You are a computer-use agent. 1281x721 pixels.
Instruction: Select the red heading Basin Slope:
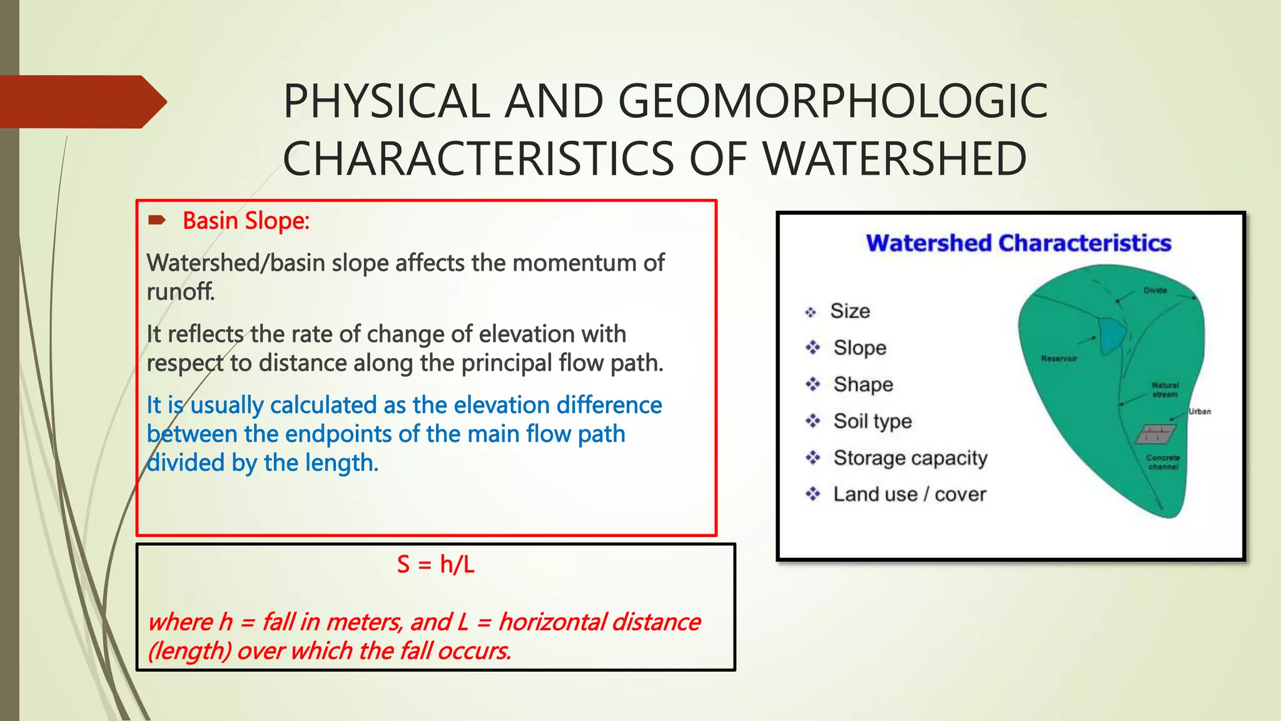[246, 221]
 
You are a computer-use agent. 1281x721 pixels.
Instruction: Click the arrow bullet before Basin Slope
[156, 220]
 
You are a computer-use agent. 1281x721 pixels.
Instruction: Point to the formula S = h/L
[435, 565]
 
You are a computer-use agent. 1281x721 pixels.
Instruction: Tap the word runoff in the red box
[180, 292]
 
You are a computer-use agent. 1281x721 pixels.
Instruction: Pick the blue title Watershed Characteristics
[1018, 243]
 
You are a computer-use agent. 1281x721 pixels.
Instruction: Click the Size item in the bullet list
[849, 311]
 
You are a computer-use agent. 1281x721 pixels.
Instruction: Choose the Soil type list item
[872, 421]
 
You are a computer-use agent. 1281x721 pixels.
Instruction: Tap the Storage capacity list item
[910, 458]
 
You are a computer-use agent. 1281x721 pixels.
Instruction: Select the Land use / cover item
[909, 494]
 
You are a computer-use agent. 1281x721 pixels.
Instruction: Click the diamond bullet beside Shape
[813, 384]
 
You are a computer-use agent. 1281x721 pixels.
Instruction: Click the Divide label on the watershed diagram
[1155, 290]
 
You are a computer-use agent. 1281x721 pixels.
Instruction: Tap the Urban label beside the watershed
[1199, 411]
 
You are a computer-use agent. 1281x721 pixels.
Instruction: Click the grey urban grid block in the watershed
[1155, 433]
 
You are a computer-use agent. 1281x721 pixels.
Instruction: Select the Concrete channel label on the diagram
[1163, 462]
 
